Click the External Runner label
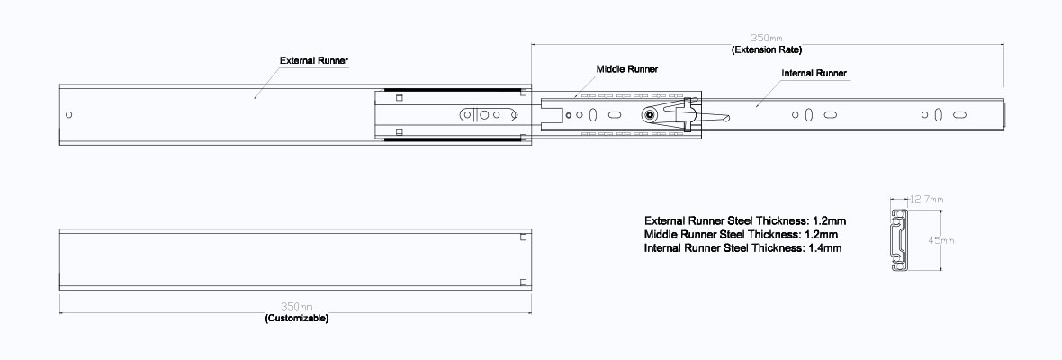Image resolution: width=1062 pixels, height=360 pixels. pyautogui.click(x=313, y=61)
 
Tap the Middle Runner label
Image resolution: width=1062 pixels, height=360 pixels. pyautogui.click(x=626, y=69)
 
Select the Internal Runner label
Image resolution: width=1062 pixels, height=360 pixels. pyautogui.click(x=814, y=73)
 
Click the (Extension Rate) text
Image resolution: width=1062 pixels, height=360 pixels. pyautogui.click(x=767, y=50)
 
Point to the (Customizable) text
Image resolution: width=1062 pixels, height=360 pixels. pyautogui.click(x=297, y=318)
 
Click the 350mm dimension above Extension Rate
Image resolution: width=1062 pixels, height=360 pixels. pyautogui.click(x=766, y=39)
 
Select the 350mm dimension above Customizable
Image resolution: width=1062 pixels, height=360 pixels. pyautogui.click(x=296, y=307)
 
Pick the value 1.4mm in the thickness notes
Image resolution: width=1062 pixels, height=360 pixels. pyautogui.click(x=825, y=248)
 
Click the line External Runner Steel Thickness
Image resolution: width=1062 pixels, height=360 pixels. pyautogui.click(x=746, y=220)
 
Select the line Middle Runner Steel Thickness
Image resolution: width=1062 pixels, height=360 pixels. pyautogui.click(x=742, y=235)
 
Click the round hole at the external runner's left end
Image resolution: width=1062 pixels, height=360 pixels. pyautogui.click(x=68, y=115)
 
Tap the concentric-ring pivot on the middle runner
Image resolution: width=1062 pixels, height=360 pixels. pyautogui.click(x=650, y=115)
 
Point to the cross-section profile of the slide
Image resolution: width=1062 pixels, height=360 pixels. pyautogui.click(x=899, y=240)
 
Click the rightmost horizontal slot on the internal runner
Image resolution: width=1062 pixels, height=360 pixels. pyautogui.click(x=959, y=115)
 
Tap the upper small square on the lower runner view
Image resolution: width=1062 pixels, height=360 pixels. pyautogui.click(x=523, y=237)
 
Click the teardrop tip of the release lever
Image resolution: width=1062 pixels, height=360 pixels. pyautogui.click(x=725, y=120)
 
